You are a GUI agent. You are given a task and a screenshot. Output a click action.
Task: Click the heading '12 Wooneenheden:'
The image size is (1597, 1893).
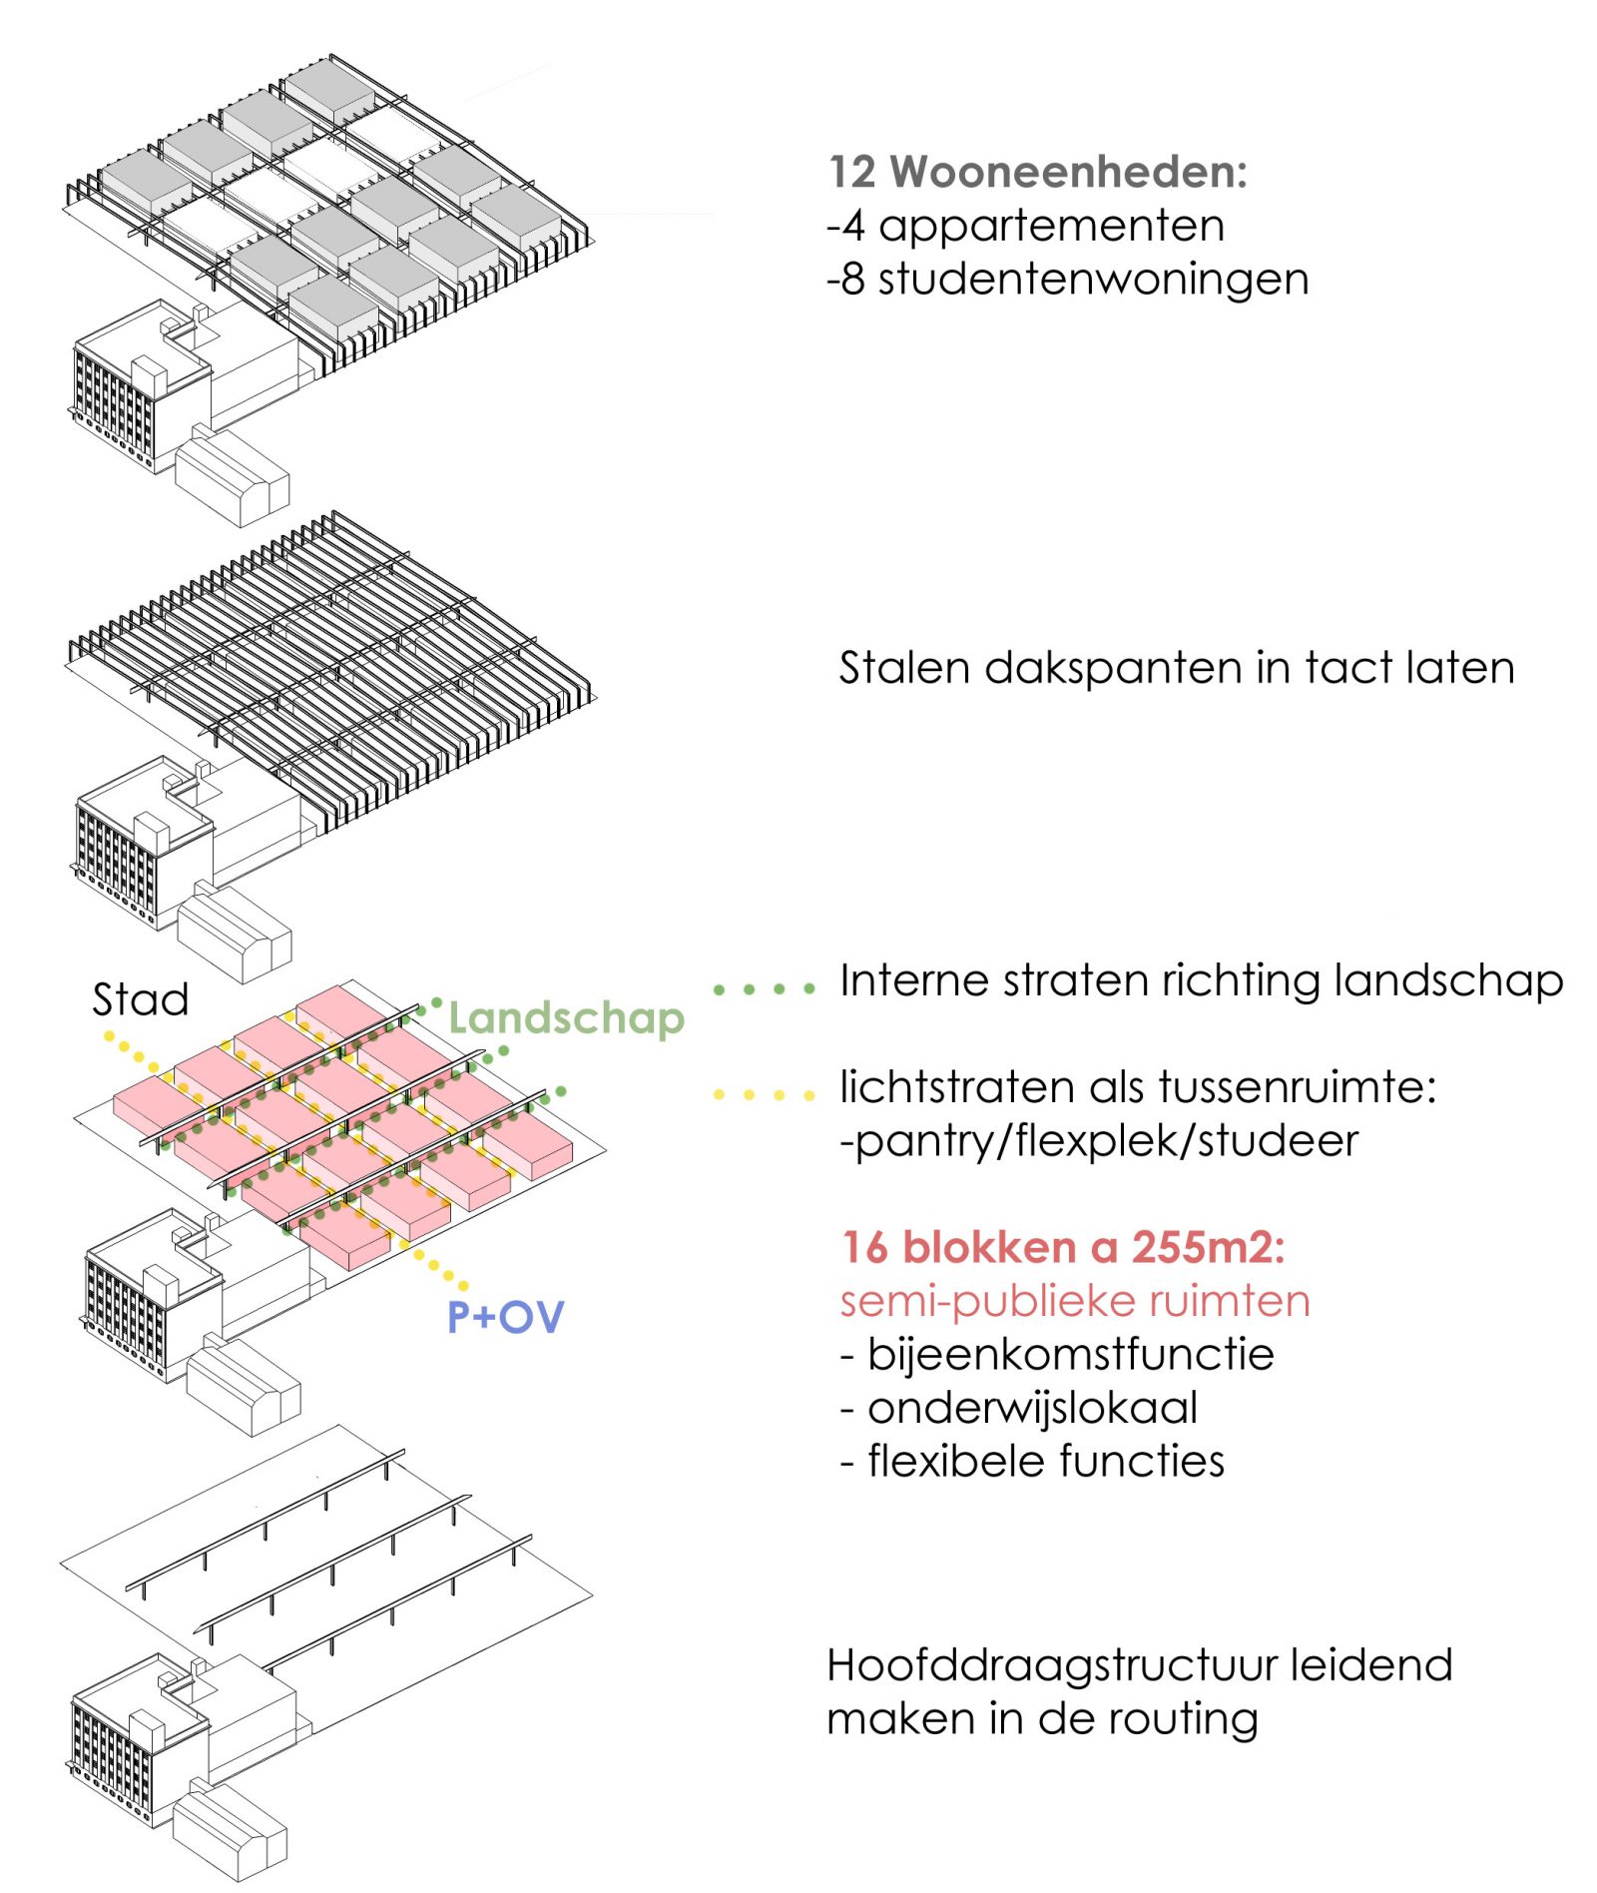point(1038,172)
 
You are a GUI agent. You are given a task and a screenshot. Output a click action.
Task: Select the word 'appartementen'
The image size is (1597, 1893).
point(1050,226)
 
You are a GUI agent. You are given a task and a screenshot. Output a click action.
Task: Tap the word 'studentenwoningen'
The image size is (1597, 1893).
point(1093,280)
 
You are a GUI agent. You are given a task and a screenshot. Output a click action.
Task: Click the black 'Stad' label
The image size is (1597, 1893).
point(140,999)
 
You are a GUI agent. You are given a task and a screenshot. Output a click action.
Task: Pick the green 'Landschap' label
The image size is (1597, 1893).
point(566,1017)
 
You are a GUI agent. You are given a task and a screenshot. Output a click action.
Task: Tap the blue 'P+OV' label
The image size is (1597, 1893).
point(505,1317)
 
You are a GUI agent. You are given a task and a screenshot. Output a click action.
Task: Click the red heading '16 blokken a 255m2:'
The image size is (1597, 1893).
point(1063,1247)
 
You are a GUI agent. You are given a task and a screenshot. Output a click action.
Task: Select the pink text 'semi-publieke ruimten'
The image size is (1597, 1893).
point(1074,1301)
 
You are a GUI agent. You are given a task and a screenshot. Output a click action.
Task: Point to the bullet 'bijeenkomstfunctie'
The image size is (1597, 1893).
point(1070,1355)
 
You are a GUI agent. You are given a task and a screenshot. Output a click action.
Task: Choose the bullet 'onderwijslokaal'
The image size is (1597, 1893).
point(1032,1408)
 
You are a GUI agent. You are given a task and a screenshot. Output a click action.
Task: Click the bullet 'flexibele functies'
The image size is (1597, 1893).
point(1045,1461)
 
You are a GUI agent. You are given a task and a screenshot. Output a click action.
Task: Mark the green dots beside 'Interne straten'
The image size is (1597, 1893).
point(765,989)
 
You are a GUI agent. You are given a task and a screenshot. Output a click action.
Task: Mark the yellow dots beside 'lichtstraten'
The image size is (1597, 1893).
point(765,1095)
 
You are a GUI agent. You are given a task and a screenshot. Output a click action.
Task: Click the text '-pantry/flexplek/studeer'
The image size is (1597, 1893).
point(1098,1141)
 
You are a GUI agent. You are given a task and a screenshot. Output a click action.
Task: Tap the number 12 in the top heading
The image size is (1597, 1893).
point(851,172)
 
